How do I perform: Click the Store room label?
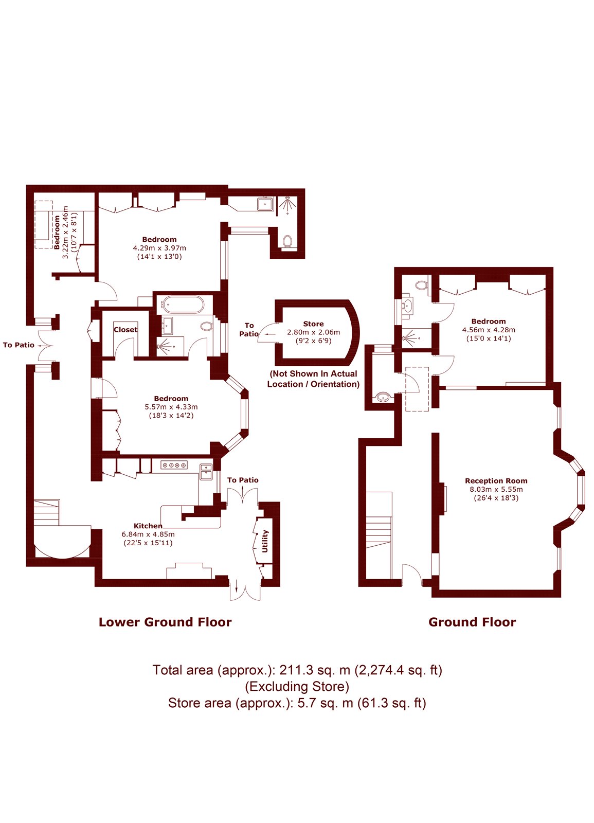click(313, 324)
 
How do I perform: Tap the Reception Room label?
click(496, 480)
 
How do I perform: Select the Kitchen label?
click(148, 526)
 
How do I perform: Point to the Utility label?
click(265, 541)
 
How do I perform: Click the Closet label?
click(125, 330)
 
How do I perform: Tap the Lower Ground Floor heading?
click(165, 622)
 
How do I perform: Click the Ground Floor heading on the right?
click(473, 622)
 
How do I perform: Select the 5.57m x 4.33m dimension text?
click(171, 407)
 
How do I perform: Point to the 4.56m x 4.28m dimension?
click(489, 330)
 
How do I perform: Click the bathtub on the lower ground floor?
click(182, 305)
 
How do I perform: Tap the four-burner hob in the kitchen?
click(174, 465)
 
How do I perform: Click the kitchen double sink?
click(206, 472)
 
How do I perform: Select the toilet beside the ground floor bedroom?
click(422, 285)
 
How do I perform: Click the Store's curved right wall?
click(353, 331)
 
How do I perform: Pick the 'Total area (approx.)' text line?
click(297, 670)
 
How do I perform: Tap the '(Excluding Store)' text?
click(297, 686)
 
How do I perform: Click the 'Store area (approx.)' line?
click(297, 703)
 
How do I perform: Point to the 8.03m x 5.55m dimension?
click(496, 489)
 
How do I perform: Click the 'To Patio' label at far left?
click(19, 345)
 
